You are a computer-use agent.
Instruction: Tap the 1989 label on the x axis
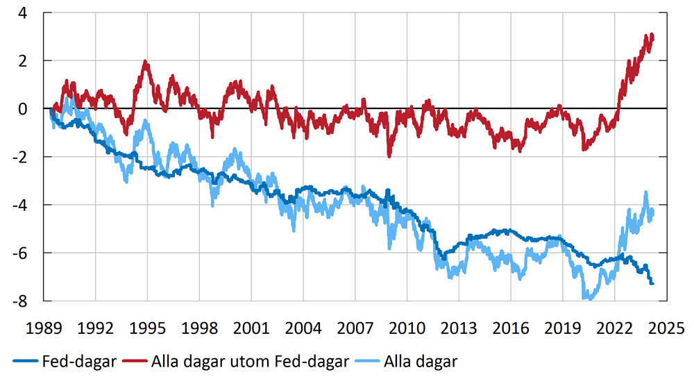(x=44, y=327)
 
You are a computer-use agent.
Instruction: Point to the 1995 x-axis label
(x=147, y=327)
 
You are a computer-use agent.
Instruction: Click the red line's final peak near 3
(x=652, y=35)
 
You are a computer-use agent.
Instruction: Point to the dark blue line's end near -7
(x=652, y=283)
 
